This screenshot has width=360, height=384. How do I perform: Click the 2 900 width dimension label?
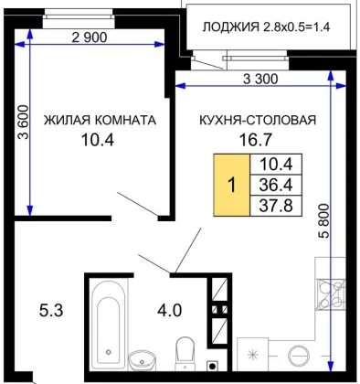(x=90, y=37)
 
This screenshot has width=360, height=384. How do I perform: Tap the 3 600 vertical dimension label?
(x=23, y=123)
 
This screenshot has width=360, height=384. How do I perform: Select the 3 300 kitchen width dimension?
(x=260, y=80)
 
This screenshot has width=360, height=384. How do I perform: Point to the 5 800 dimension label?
(x=325, y=220)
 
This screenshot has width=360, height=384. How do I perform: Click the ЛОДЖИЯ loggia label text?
(x=230, y=27)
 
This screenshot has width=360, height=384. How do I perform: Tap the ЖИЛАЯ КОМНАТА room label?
(x=100, y=120)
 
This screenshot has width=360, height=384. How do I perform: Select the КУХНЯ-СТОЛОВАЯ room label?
(x=258, y=120)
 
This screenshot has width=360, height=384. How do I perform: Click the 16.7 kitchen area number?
(x=255, y=140)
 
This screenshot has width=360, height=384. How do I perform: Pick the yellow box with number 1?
(x=232, y=185)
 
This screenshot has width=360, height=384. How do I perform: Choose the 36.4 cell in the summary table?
(x=276, y=185)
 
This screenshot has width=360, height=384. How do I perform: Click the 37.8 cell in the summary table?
(x=276, y=206)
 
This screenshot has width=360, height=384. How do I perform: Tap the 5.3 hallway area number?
(x=51, y=311)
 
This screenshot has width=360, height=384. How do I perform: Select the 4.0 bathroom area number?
(x=170, y=311)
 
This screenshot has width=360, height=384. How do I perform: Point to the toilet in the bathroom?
(x=185, y=353)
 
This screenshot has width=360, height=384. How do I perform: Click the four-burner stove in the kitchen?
(x=331, y=294)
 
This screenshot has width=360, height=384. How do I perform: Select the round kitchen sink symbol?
(x=300, y=356)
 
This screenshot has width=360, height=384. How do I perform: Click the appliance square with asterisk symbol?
(x=252, y=355)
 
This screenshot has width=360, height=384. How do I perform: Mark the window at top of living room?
(x=79, y=18)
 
